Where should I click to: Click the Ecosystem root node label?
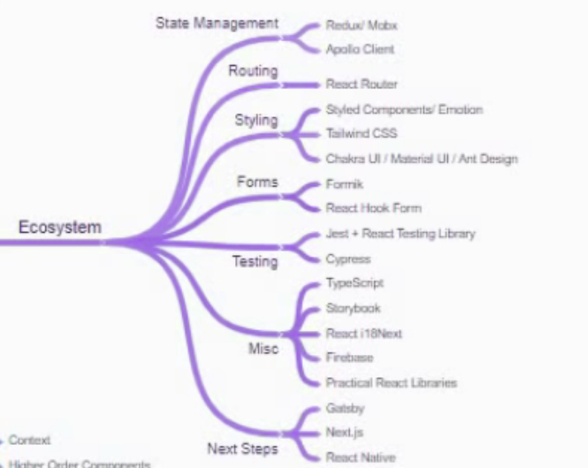coord(61,227)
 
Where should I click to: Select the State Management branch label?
coord(217,23)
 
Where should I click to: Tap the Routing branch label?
coord(253,71)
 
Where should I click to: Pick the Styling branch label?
coord(256,121)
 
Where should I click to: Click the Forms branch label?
coord(257,182)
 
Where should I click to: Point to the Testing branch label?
coord(255,262)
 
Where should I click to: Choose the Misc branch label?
coord(263,348)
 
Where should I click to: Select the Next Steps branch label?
coord(242,449)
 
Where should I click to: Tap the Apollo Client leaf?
coord(360,49)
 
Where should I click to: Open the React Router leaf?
coord(361,84)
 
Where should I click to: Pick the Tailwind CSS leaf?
coord(362,134)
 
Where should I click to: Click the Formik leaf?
coord(345,184)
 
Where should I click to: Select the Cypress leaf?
coord(348,259)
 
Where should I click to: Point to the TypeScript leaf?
coord(355,283)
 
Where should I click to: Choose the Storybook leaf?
coord(353,309)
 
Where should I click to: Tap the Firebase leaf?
coord(350,358)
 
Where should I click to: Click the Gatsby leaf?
coord(345,409)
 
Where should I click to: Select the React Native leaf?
coord(360,457)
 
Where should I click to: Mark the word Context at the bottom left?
coord(30,441)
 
